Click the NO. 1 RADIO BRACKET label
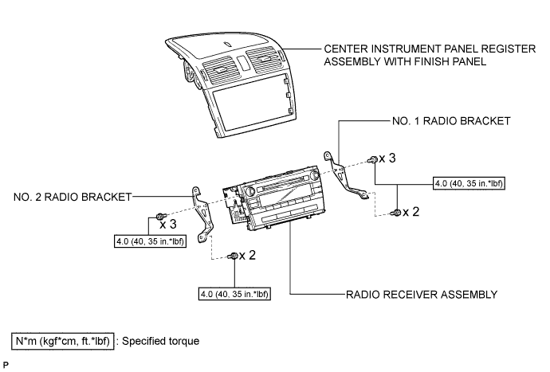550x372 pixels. [x=451, y=121]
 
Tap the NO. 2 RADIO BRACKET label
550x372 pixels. [x=73, y=197]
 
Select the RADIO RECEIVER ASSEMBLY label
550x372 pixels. [x=422, y=295]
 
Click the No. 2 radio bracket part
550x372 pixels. [x=203, y=213]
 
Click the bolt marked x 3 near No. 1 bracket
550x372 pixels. [x=372, y=160]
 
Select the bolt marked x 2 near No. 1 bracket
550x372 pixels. [x=396, y=213]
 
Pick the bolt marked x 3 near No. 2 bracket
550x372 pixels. [x=161, y=216]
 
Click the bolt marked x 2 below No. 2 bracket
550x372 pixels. [x=233, y=256]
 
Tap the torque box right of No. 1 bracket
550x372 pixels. [x=469, y=183]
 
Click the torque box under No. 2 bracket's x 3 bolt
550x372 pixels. [x=150, y=241]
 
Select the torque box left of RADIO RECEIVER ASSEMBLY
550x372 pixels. [x=234, y=294]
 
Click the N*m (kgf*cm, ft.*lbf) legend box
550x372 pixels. [x=63, y=341]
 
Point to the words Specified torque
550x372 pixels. [x=161, y=341]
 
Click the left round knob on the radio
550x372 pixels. [x=250, y=191]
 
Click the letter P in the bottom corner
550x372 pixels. [x=6, y=365]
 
